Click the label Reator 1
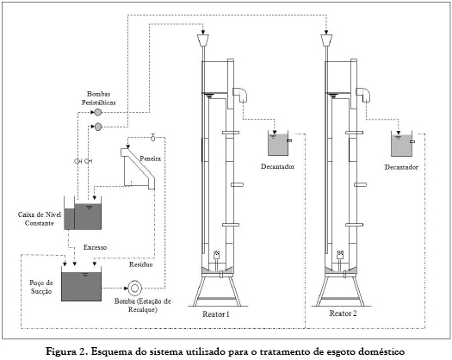coord(216,314)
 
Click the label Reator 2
coord(343,313)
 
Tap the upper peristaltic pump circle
coord(98,112)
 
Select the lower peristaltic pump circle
coord(98,127)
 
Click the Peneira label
coord(150,158)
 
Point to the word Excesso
coord(95,247)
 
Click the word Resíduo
coord(140,264)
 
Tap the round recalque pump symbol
coord(134,289)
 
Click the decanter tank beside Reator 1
coord(278,143)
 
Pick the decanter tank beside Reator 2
coord(401,144)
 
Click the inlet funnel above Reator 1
coord(203,40)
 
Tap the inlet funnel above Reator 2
coord(326,40)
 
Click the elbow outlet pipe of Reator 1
coord(240,95)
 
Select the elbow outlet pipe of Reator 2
coord(363,95)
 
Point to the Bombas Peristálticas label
coord(99,98)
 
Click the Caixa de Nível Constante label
coord(40,219)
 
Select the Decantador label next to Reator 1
coord(278,167)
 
